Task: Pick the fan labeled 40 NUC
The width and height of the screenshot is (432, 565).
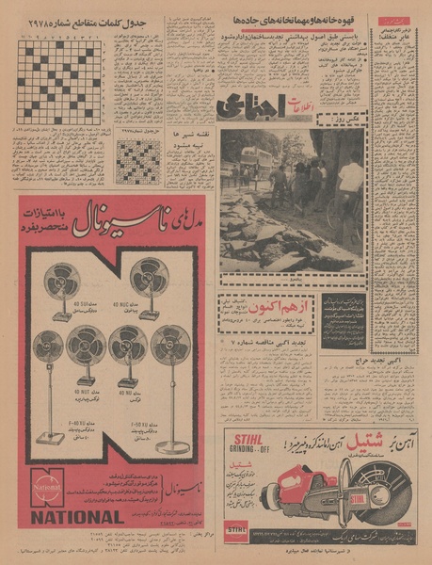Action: coord(149,280)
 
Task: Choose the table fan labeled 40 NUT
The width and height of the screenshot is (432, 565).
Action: coord(86,350)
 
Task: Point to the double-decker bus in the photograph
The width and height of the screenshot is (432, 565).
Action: coord(257,164)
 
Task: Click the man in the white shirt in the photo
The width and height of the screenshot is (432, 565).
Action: coord(351,178)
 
